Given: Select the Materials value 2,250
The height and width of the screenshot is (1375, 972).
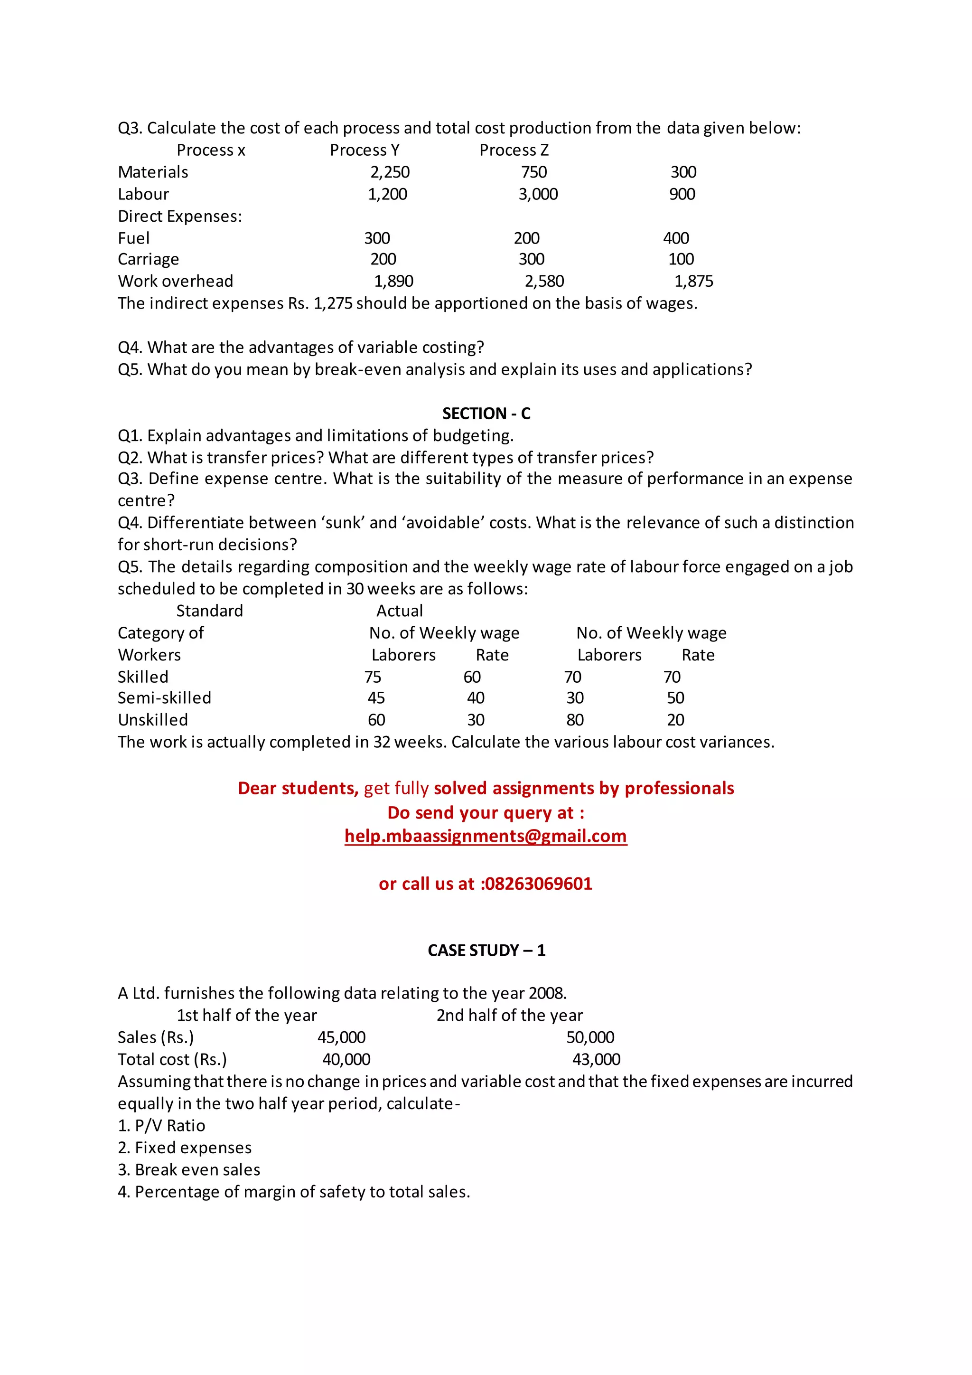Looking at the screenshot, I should [x=390, y=172].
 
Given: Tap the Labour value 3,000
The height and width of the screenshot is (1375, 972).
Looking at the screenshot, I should [x=538, y=194].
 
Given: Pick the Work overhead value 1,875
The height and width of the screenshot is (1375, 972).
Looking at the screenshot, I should [x=694, y=282].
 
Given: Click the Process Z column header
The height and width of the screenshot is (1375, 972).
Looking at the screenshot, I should [x=514, y=151].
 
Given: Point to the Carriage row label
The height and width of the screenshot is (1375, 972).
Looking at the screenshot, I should [x=149, y=259].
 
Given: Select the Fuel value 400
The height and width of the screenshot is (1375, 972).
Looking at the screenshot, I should [x=676, y=238].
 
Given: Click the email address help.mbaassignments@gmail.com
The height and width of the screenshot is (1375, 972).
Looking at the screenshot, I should [x=486, y=836].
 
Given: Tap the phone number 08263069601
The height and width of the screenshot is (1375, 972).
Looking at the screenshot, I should [x=538, y=884].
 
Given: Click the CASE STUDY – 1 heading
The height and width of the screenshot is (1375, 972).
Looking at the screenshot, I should [x=486, y=951].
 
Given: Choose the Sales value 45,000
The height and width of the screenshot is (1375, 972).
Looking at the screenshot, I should [x=341, y=1037].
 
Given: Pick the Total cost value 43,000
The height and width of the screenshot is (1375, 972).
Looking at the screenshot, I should [x=596, y=1059].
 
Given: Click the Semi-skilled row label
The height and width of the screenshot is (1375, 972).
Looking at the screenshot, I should [x=165, y=698].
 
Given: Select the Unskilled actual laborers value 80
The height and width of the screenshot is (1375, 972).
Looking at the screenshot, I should [x=575, y=720].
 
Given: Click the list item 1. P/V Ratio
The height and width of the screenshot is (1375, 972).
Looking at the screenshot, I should [x=161, y=1126].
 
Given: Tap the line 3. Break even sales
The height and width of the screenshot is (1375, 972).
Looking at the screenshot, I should [x=189, y=1169].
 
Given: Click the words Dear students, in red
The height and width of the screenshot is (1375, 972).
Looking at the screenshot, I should [x=298, y=788].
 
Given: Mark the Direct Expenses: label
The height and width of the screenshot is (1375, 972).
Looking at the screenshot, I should [x=179, y=216].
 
